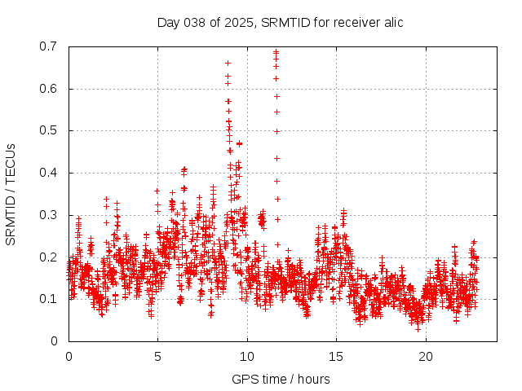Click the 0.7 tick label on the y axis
(x=50, y=46)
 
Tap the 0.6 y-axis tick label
(x=50, y=89)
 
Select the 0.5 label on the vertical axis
(x=50, y=130)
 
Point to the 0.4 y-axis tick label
(x=50, y=173)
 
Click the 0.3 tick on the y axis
(x=50, y=215)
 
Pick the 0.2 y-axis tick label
(x=50, y=257)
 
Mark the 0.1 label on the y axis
(x=50, y=299)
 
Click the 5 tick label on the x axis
(x=157, y=357)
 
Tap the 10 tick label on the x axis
(x=247, y=357)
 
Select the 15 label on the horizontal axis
(x=336, y=357)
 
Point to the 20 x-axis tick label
(x=426, y=357)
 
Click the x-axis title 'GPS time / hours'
(x=281, y=379)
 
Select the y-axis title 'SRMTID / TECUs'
(x=11, y=194)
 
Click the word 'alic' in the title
(x=392, y=22)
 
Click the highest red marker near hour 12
(x=276, y=52)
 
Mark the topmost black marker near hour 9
(x=228, y=63)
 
